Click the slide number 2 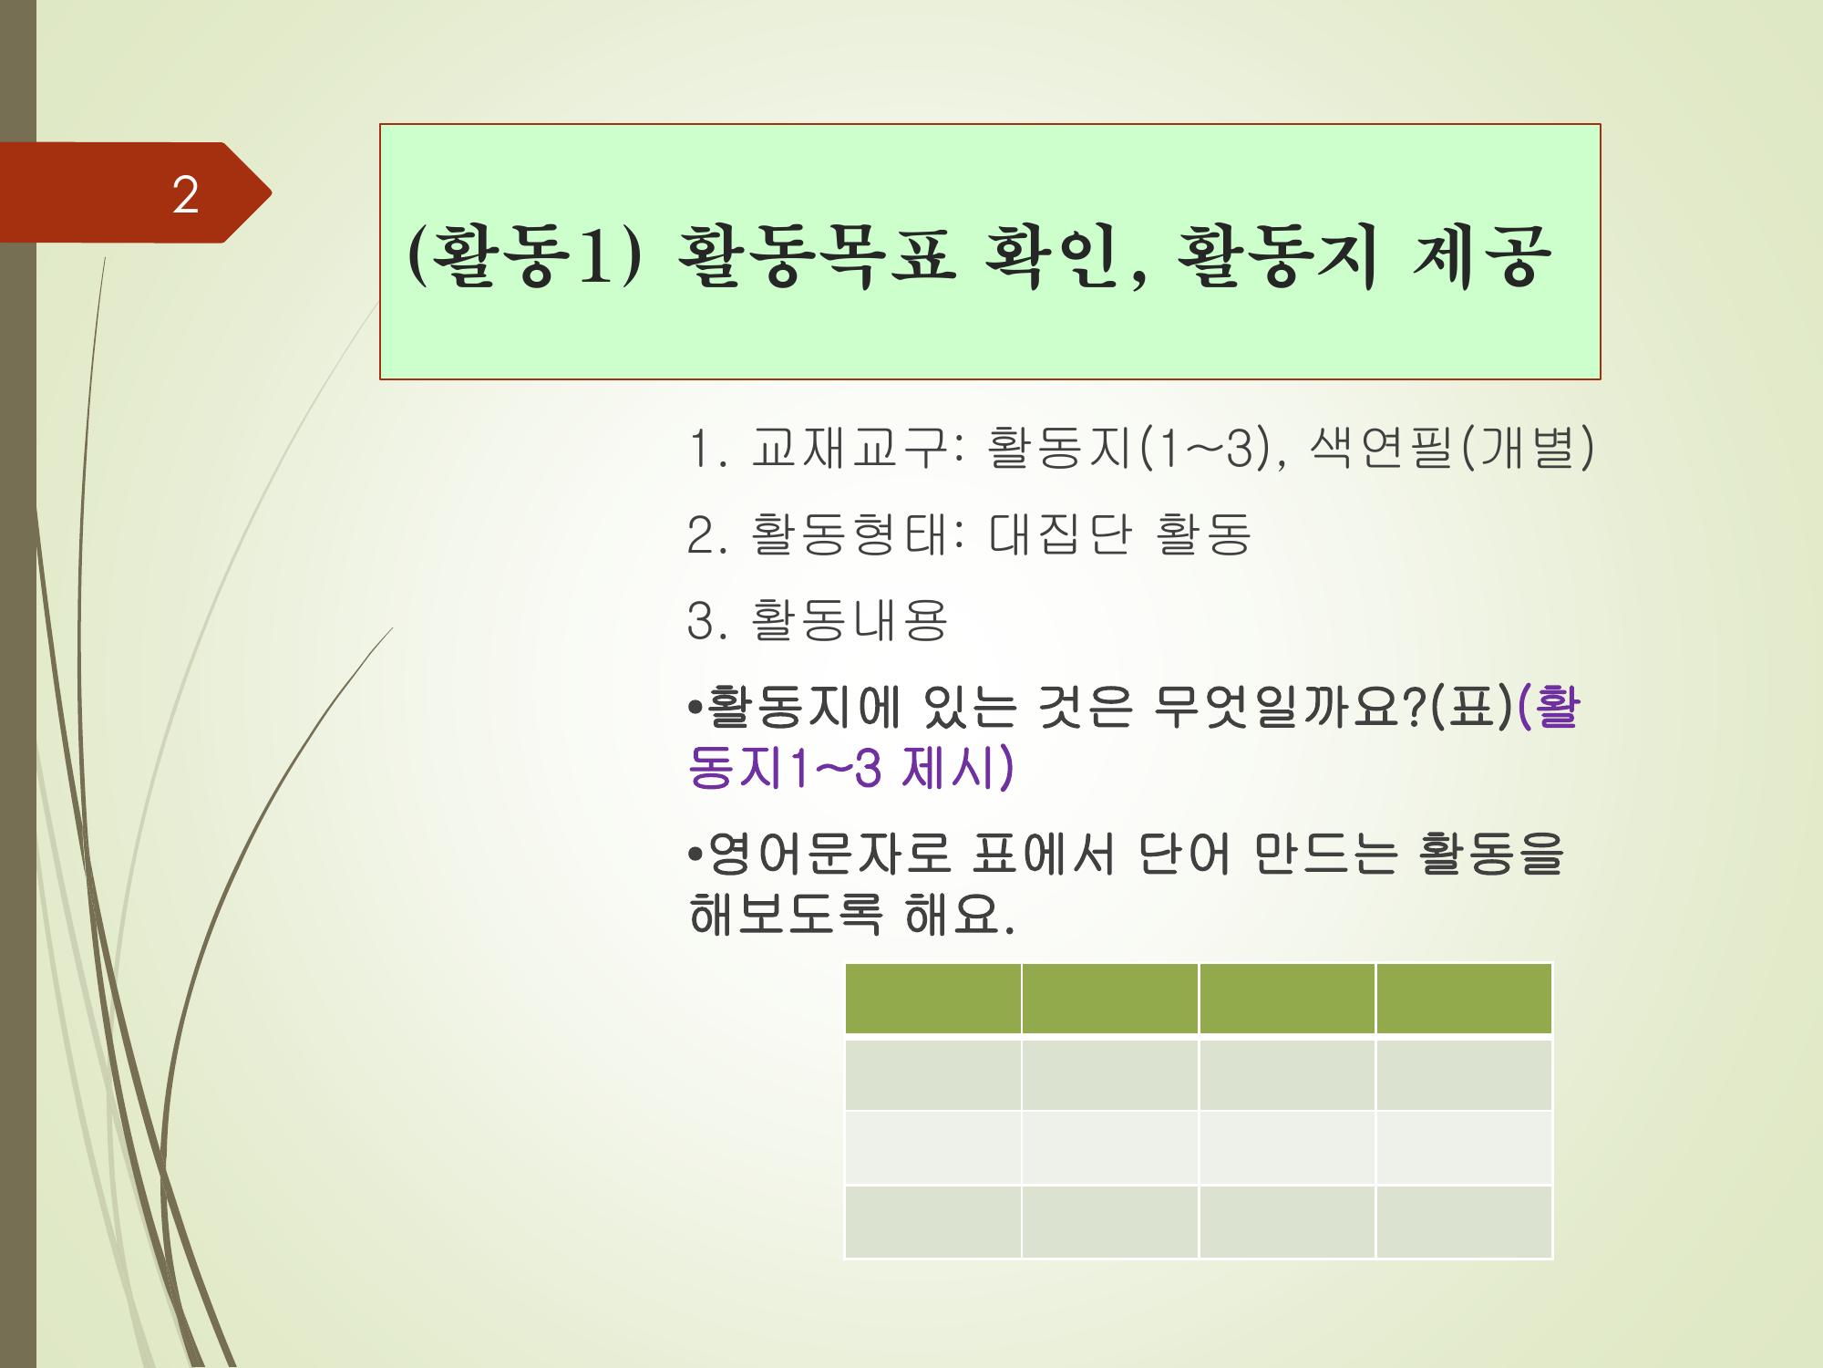click(185, 194)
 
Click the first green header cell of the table click(932, 999)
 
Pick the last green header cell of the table click(1464, 999)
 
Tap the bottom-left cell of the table click(932, 1222)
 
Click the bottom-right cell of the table click(1464, 1222)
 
